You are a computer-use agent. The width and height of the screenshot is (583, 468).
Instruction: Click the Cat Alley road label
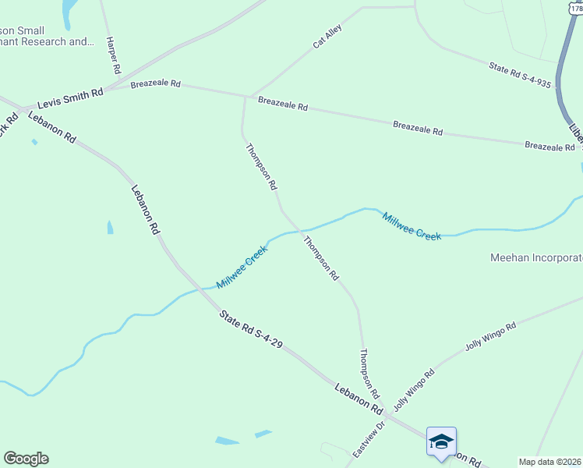coord(327,36)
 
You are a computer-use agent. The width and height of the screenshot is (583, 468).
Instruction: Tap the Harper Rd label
coord(114,55)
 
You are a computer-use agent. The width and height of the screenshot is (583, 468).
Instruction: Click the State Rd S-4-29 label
coord(250,329)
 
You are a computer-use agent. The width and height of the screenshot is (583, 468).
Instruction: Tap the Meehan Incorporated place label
coord(537,257)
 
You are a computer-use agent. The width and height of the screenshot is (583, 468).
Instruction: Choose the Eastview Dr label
coord(369,440)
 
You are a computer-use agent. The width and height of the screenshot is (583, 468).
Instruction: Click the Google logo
coord(26,459)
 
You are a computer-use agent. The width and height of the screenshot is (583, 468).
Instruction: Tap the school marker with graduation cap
coord(441,442)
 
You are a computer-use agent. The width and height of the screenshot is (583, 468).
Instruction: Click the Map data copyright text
coord(550,462)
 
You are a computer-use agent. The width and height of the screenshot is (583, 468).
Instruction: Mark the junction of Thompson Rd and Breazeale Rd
coord(246,97)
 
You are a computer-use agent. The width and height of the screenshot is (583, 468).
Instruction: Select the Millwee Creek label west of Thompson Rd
coord(242,267)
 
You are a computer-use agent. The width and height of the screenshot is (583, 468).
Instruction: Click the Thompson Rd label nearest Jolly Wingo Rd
coord(369,374)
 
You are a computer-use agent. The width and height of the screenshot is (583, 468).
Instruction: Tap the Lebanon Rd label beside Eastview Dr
coord(360,398)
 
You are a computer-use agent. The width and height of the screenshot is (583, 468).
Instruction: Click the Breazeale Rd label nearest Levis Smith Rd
coord(156,84)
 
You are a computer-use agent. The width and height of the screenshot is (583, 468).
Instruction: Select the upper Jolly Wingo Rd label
coord(491,336)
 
